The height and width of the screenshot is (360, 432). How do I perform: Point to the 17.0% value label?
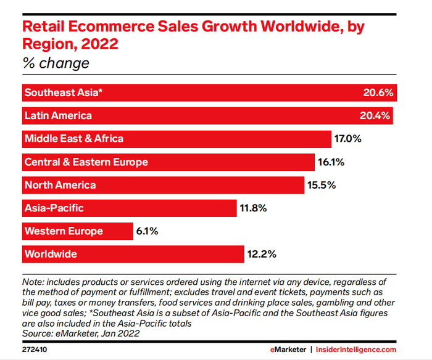(x=347, y=139)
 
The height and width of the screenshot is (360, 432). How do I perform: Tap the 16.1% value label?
(x=331, y=162)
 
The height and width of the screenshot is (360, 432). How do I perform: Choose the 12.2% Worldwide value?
(x=261, y=254)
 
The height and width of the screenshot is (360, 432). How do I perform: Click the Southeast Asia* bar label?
(x=63, y=93)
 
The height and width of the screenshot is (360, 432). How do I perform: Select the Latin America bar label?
(x=58, y=116)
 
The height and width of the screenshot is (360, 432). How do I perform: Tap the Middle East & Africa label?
(x=73, y=139)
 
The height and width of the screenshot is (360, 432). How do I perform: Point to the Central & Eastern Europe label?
(x=86, y=162)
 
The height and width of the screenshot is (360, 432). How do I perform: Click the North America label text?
(x=60, y=185)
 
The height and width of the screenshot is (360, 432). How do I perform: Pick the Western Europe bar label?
(x=64, y=231)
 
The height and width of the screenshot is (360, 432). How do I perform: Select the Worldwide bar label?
(x=51, y=254)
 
